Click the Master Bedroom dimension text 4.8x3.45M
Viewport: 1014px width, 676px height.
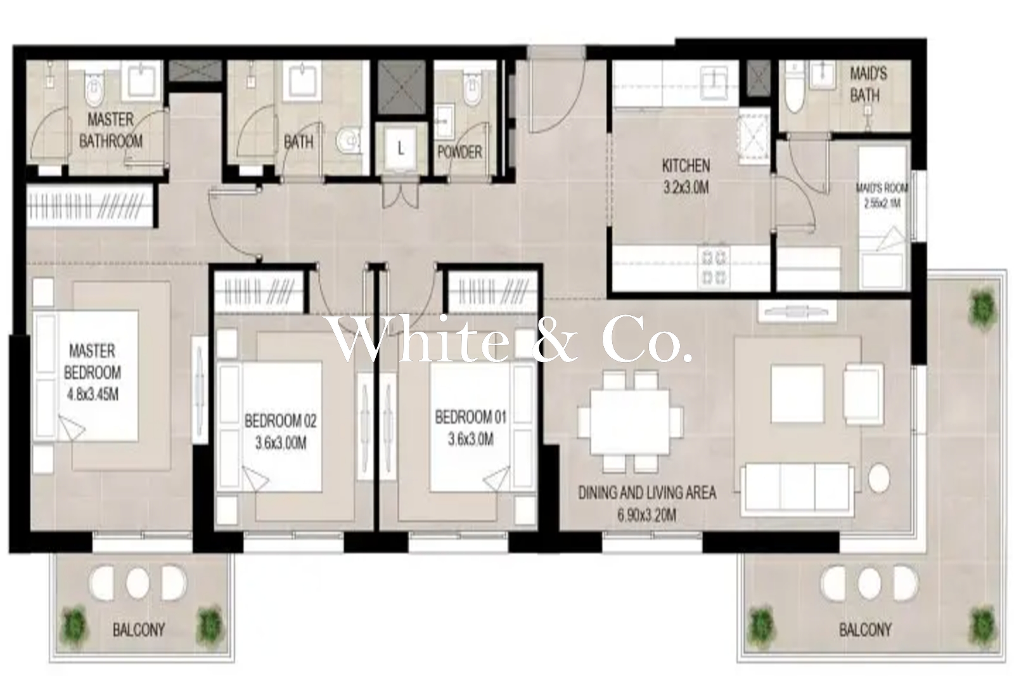pos(93,394)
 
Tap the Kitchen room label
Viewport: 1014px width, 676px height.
pos(686,166)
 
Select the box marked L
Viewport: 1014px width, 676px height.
pos(400,148)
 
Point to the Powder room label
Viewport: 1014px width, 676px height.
pos(459,152)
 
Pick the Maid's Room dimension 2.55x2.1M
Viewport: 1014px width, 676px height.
pos(882,204)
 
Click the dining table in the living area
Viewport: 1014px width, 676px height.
pos(630,422)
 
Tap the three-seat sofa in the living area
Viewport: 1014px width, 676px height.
pos(797,490)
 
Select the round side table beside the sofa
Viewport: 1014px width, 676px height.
pos(879,478)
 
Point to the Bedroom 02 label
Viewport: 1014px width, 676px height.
pos(281,421)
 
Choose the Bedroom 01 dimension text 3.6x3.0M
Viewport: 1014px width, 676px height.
pos(471,439)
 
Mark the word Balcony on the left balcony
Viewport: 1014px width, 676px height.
pos(139,630)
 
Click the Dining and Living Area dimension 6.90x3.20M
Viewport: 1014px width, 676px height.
pos(647,515)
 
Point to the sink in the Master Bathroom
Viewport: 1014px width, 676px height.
pos(142,83)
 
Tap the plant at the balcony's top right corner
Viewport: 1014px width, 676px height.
pos(983,308)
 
